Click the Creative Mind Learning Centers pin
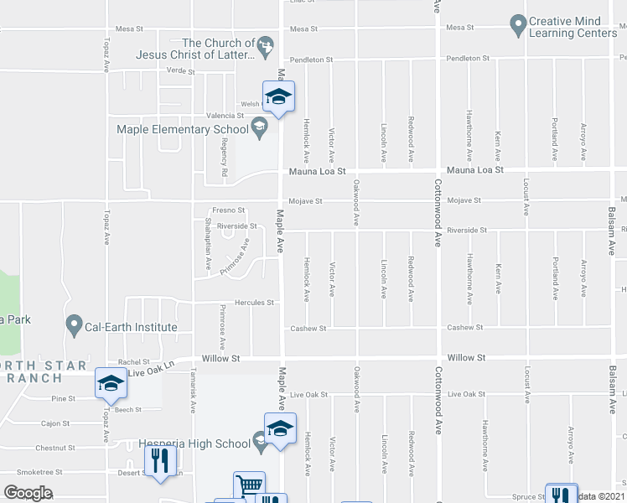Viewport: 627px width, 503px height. click(x=518, y=26)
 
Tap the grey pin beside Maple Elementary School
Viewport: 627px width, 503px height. click(x=260, y=128)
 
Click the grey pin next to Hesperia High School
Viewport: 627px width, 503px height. click(x=261, y=443)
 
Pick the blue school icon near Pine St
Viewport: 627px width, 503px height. click(x=111, y=383)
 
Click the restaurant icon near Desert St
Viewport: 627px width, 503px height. click(x=159, y=460)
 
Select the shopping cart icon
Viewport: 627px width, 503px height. click(x=249, y=485)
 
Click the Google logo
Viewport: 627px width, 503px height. click(x=28, y=492)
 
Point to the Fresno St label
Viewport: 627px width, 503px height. click(x=227, y=210)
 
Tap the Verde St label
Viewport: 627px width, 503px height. click(x=180, y=71)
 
